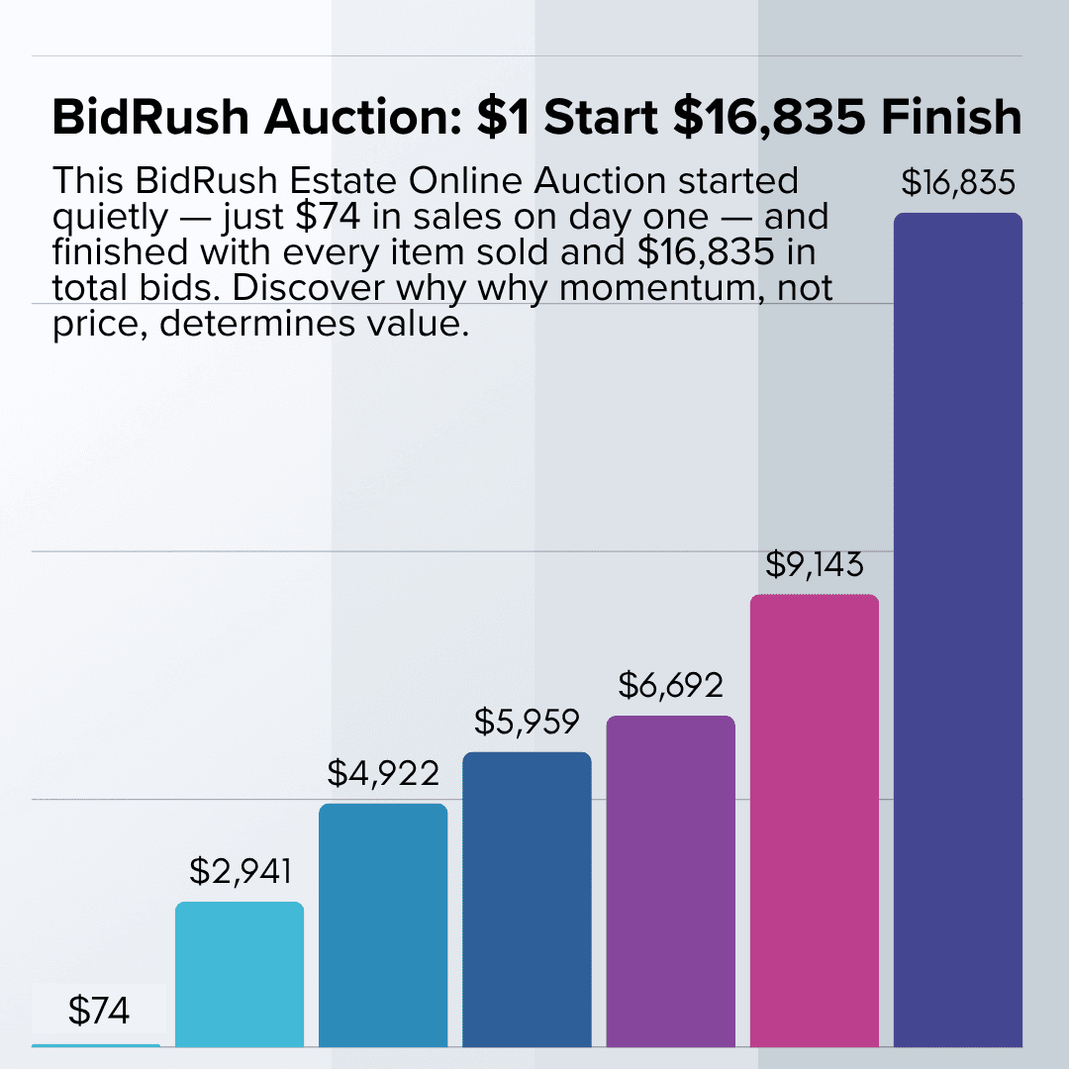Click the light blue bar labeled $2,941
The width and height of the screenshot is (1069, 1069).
click(240, 974)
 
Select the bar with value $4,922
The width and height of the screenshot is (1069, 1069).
click(383, 924)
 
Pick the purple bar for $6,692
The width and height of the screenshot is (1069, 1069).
click(670, 880)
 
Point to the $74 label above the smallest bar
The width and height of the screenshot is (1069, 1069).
click(99, 1011)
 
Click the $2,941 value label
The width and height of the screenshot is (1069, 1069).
click(241, 871)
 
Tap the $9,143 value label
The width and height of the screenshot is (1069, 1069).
click(815, 564)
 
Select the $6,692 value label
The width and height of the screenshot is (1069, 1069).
click(671, 685)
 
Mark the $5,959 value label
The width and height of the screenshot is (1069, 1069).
click(527, 722)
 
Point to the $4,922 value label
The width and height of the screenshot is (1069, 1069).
click(383, 773)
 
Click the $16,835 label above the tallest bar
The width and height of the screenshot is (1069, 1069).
click(958, 183)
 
